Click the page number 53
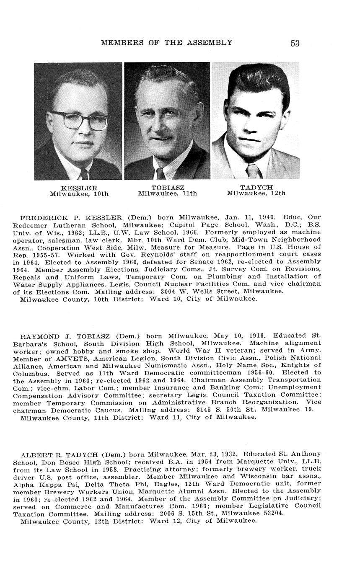click(295, 43)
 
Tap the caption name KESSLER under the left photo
click(79, 188)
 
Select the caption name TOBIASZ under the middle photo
click(168, 188)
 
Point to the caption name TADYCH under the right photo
click(256, 187)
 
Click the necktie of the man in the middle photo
click(161, 173)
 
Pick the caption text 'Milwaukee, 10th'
click(79, 194)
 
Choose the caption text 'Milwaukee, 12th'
click(256, 193)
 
